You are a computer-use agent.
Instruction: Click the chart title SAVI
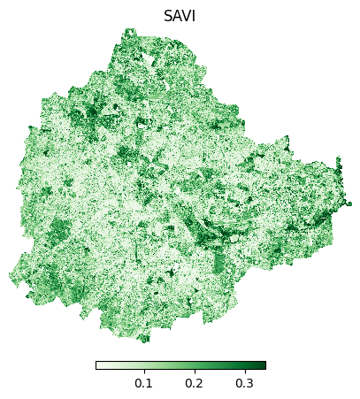click(x=180, y=16)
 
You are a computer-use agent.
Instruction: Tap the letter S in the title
click(x=168, y=16)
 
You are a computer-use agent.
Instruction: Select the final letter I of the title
click(x=194, y=16)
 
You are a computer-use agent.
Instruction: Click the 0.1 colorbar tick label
click(x=142, y=383)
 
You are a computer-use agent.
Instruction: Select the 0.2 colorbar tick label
click(x=194, y=383)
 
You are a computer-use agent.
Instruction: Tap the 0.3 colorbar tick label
click(x=244, y=383)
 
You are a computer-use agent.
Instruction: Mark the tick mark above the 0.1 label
click(x=142, y=371)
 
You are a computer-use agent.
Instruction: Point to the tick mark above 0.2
click(x=194, y=371)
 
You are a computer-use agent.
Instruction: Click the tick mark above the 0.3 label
click(x=244, y=371)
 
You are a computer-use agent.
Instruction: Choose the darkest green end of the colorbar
click(x=263, y=364)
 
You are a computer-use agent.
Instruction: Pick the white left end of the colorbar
click(x=98, y=364)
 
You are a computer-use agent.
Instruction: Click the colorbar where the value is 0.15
click(x=168, y=364)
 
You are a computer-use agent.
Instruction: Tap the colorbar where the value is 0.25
click(x=219, y=364)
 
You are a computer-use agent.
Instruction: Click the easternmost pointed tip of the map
click(x=350, y=203)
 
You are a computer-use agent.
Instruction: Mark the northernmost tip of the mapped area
click(x=129, y=29)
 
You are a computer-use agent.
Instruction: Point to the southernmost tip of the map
click(x=144, y=341)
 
